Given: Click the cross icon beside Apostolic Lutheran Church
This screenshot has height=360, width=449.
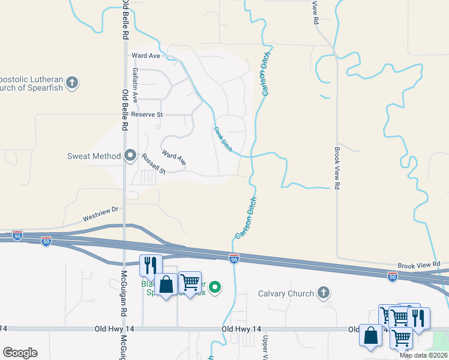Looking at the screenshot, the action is click(72, 83).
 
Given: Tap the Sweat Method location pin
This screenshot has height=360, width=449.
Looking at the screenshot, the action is click(130, 156).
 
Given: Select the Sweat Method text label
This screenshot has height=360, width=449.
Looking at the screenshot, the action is click(94, 157).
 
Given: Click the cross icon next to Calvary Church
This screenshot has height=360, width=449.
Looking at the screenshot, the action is click(324, 293).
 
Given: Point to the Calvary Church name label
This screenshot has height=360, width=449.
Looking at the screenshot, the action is click(286, 293).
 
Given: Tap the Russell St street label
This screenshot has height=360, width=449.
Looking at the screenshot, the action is click(154, 163).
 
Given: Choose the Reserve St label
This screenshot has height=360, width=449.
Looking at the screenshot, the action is click(147, 115).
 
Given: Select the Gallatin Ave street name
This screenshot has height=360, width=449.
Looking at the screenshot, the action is click(135, 84).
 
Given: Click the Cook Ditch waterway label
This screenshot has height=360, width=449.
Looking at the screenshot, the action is click(222, 137).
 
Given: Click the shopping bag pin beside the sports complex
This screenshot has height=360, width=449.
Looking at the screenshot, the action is click(166, 284).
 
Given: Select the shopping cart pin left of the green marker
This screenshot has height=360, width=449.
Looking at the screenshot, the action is click(190, 281).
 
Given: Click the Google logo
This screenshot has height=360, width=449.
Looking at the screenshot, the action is click(20, 353).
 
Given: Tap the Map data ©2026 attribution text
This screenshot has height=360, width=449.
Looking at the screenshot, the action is click(424, 355).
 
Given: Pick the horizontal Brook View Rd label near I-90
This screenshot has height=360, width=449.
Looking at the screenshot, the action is click(418, 265).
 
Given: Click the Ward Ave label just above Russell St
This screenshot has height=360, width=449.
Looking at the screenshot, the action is click(174, 158).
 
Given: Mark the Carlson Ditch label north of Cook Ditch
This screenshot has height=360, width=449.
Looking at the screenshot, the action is click(264, 73).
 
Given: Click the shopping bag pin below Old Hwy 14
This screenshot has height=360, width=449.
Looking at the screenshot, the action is click(370, 335).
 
